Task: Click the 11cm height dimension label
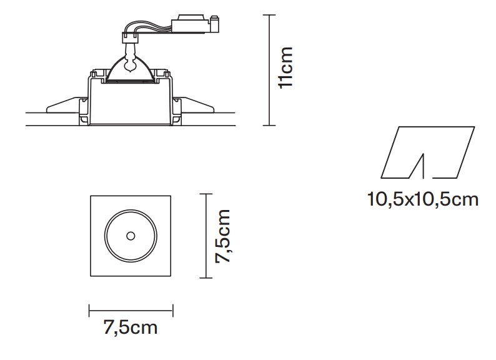tap(285, 67)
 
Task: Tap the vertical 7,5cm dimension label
tap(222, 236)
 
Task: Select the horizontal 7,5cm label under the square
tap(131, 327)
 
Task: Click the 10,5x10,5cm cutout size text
tap(423, 199)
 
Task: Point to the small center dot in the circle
tap(131, 236)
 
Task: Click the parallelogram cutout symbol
tap(428, 152)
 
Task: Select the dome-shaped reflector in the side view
tap(131, 69)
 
